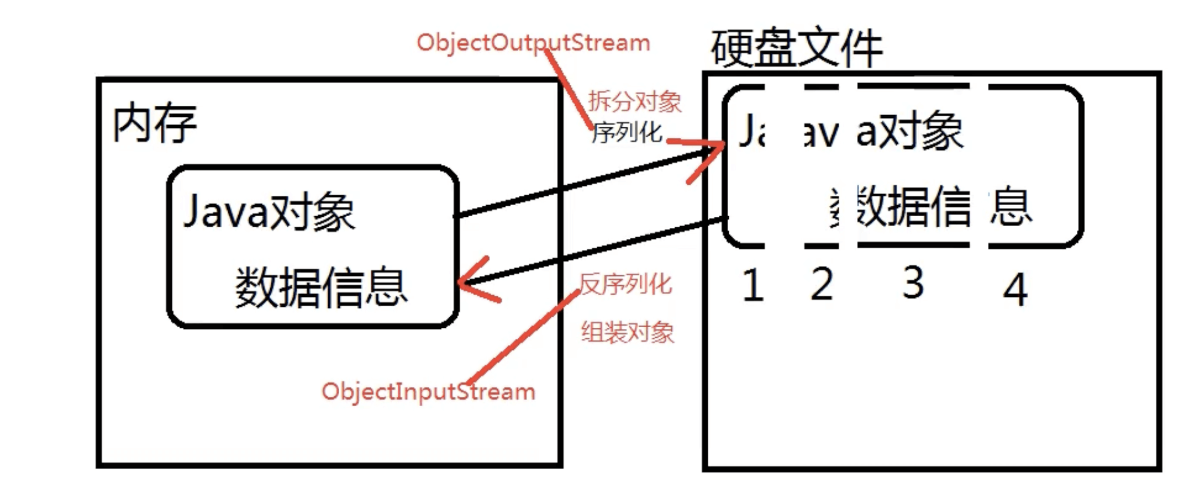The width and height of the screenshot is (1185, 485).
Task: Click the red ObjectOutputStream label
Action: (x=533, y=43)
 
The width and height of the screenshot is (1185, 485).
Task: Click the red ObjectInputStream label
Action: (x=428, y=392)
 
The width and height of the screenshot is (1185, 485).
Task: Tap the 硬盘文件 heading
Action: (x=796, y=49)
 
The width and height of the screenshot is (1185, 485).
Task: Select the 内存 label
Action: (x=154, y=123)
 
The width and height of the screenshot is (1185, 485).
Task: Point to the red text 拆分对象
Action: (x=635, y=101)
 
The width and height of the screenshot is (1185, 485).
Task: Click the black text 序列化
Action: (x=626, y=132)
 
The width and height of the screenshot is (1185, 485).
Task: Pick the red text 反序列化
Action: (x=625, y=285)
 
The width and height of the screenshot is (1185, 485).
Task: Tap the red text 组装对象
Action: (x=627, y=332)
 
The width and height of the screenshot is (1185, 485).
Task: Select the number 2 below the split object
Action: (x=822, y=285)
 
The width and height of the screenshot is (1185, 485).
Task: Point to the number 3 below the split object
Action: (x=913, y=283)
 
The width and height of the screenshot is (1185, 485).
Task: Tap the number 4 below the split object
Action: (x=1015, y=289)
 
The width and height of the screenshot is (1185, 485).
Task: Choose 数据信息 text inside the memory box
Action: (x=321, y=287)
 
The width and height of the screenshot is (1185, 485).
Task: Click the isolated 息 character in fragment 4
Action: (x=1011, y=207)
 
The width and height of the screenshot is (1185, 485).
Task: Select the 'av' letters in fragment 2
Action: (x=821, y=134)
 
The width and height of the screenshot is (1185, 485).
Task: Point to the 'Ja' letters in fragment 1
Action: (x=752, y=131)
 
